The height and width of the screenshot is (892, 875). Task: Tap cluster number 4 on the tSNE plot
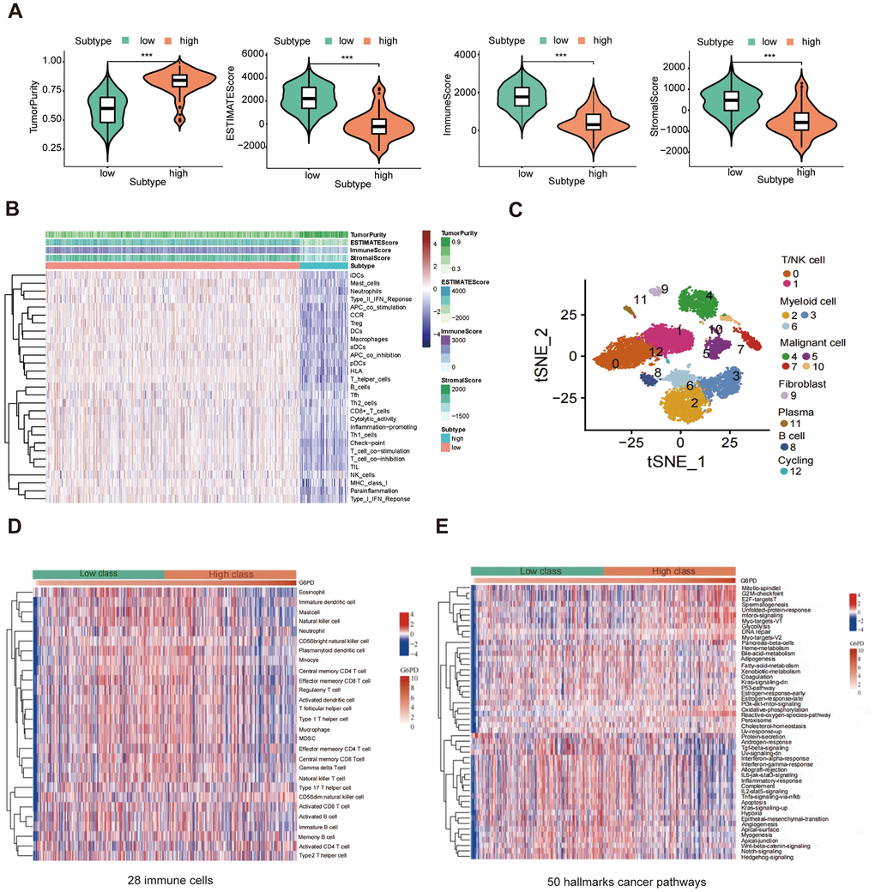click(x=709, y=296)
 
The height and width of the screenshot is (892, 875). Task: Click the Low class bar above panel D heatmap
click(x=98, y=575)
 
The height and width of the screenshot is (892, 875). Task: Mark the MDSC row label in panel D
click(x=307, y=738)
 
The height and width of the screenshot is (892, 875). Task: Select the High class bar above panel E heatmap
click(x=669, y=571)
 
